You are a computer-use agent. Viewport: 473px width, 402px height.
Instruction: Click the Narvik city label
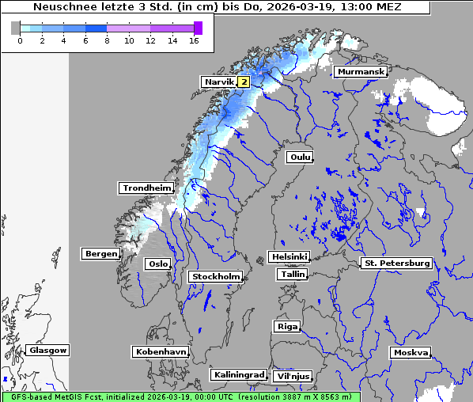tap(219, 82)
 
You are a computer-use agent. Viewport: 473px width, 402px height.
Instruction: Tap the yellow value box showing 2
tap(244, 82)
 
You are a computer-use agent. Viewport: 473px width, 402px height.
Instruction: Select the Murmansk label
tap(361, 72)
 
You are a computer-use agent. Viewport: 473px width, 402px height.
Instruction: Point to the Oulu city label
tap(300, 157)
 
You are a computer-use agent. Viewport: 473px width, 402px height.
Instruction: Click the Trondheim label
tap(146, 188)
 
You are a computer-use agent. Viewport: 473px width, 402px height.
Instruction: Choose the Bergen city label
tap(100, 254)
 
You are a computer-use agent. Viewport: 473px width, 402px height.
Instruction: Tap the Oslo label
tap(157, 264)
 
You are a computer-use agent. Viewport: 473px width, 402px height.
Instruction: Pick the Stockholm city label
tap(216, 276)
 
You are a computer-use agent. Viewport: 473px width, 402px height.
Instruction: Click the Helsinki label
tap(289, 257)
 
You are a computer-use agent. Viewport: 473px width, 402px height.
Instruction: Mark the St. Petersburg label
tap(395, 263)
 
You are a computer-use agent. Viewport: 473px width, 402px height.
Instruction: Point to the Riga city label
tap(286, 326)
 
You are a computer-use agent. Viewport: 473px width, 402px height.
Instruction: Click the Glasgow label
tap(47, 350)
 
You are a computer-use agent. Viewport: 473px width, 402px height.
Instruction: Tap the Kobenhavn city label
tap(161, 351)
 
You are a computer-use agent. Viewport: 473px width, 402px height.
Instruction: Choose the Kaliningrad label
tap(238, 374)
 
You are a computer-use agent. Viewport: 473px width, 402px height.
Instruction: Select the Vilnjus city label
tap(292, 376)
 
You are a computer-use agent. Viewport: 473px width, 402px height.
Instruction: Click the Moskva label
tap(411, 352)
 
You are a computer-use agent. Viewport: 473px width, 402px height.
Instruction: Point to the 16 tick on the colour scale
tap(194, 40)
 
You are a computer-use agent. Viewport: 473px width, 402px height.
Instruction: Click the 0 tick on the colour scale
tap(20, 40)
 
